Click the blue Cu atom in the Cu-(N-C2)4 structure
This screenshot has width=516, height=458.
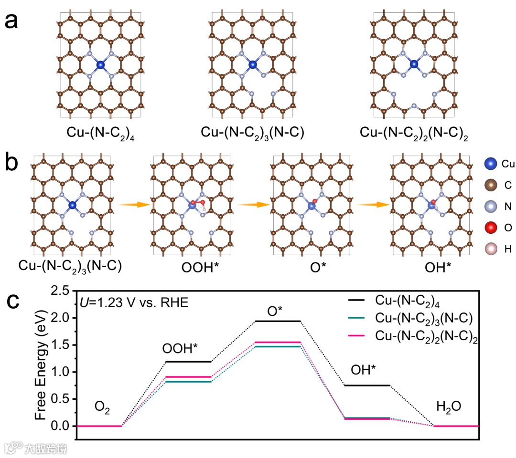(x=100, y=64)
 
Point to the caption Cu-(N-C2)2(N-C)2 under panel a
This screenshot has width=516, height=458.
(x=414, y=134)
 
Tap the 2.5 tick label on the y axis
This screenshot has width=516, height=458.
(x=61, y=290)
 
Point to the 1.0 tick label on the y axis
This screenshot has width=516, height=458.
(x=61, y=372)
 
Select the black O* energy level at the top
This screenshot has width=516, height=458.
(x=278, y=321)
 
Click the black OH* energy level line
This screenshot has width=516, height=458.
(x=367, y=385)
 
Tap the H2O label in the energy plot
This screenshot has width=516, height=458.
(x=449, y=406)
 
